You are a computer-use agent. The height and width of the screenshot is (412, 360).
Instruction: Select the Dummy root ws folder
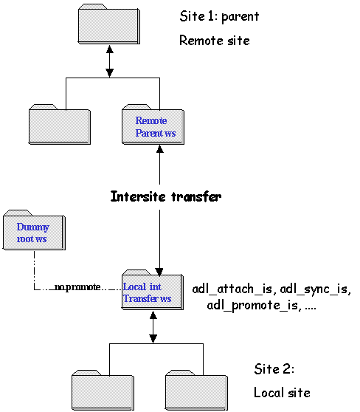pyautogui.click(x=34, y=230)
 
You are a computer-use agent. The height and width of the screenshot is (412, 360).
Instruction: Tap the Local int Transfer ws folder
pyautogui.click(x=152, y=290)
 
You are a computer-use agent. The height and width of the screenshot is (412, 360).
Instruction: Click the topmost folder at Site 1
pyautogui.click(x=109, y=24)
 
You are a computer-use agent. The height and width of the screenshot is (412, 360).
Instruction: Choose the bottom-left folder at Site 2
pyautogui.click(x=103, y=391)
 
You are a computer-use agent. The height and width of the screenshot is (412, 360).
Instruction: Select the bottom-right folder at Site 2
pyautogui.click(x=196, y=391)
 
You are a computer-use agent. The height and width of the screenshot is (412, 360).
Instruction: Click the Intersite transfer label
pyautogui.click(x=166, y=196)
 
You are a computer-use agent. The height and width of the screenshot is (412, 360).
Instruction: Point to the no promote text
pyautogui.click(x=77, y=287)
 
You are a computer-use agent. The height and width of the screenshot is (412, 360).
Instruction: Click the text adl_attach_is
pyautogui.click(x=232, y=289)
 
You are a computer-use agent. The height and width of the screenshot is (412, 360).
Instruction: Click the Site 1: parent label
pyautogui.click(x=219, y=16)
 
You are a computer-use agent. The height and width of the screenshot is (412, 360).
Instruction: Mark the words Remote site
pyautogui.click(x=214, y=41)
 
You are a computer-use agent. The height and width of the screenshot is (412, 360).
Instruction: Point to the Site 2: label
pyautogui.click(x=274, y=369)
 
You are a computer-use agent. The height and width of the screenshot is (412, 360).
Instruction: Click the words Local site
pyautogui.click(x=282, y=393)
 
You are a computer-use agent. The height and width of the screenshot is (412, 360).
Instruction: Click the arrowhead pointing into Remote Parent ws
pyautogui.click(x=160, y=149)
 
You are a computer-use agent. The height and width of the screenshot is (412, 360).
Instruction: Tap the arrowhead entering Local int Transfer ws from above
pyautogui.click(x=159, y=272)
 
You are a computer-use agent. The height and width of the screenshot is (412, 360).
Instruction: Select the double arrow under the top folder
pyautogui.click(x=109, y=61)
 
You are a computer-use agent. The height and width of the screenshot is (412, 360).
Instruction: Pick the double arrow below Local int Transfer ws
pyautogui.click(x=153, y=327)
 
